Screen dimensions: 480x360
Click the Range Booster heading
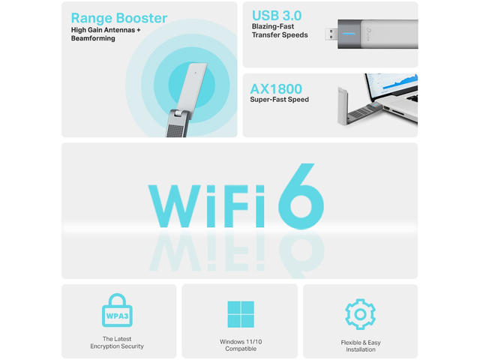click(x=119, y=18)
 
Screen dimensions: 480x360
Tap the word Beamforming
click(x=93, y=38)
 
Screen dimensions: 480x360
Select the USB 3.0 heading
click(x=277, y=16)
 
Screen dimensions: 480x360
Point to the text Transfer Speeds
click(x=280, y=35)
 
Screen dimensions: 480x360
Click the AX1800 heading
click(x=276, y=89)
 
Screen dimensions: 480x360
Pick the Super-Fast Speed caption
click(x=279, y=100)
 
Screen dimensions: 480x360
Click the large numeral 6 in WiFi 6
click(x=301, y=196)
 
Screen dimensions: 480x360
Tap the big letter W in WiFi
click(x=175, y=206)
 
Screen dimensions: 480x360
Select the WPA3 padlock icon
click(x=117, y=310)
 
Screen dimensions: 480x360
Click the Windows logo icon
click(x=241, y=314)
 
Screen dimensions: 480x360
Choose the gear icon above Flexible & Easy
click(x=360, y=314)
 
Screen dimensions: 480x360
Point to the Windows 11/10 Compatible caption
click(x=241, y=345)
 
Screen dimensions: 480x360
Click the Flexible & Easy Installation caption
click(x=361, y=346)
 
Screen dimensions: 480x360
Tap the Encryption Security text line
click(x=117, y=346)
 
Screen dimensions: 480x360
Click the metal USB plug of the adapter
click(x=331, y=34)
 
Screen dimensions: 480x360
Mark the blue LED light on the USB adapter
click(x=349, y=34)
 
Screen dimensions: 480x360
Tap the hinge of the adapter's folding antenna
click(x=178, y=113)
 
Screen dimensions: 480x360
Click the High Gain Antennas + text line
click(x=106, y=30)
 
